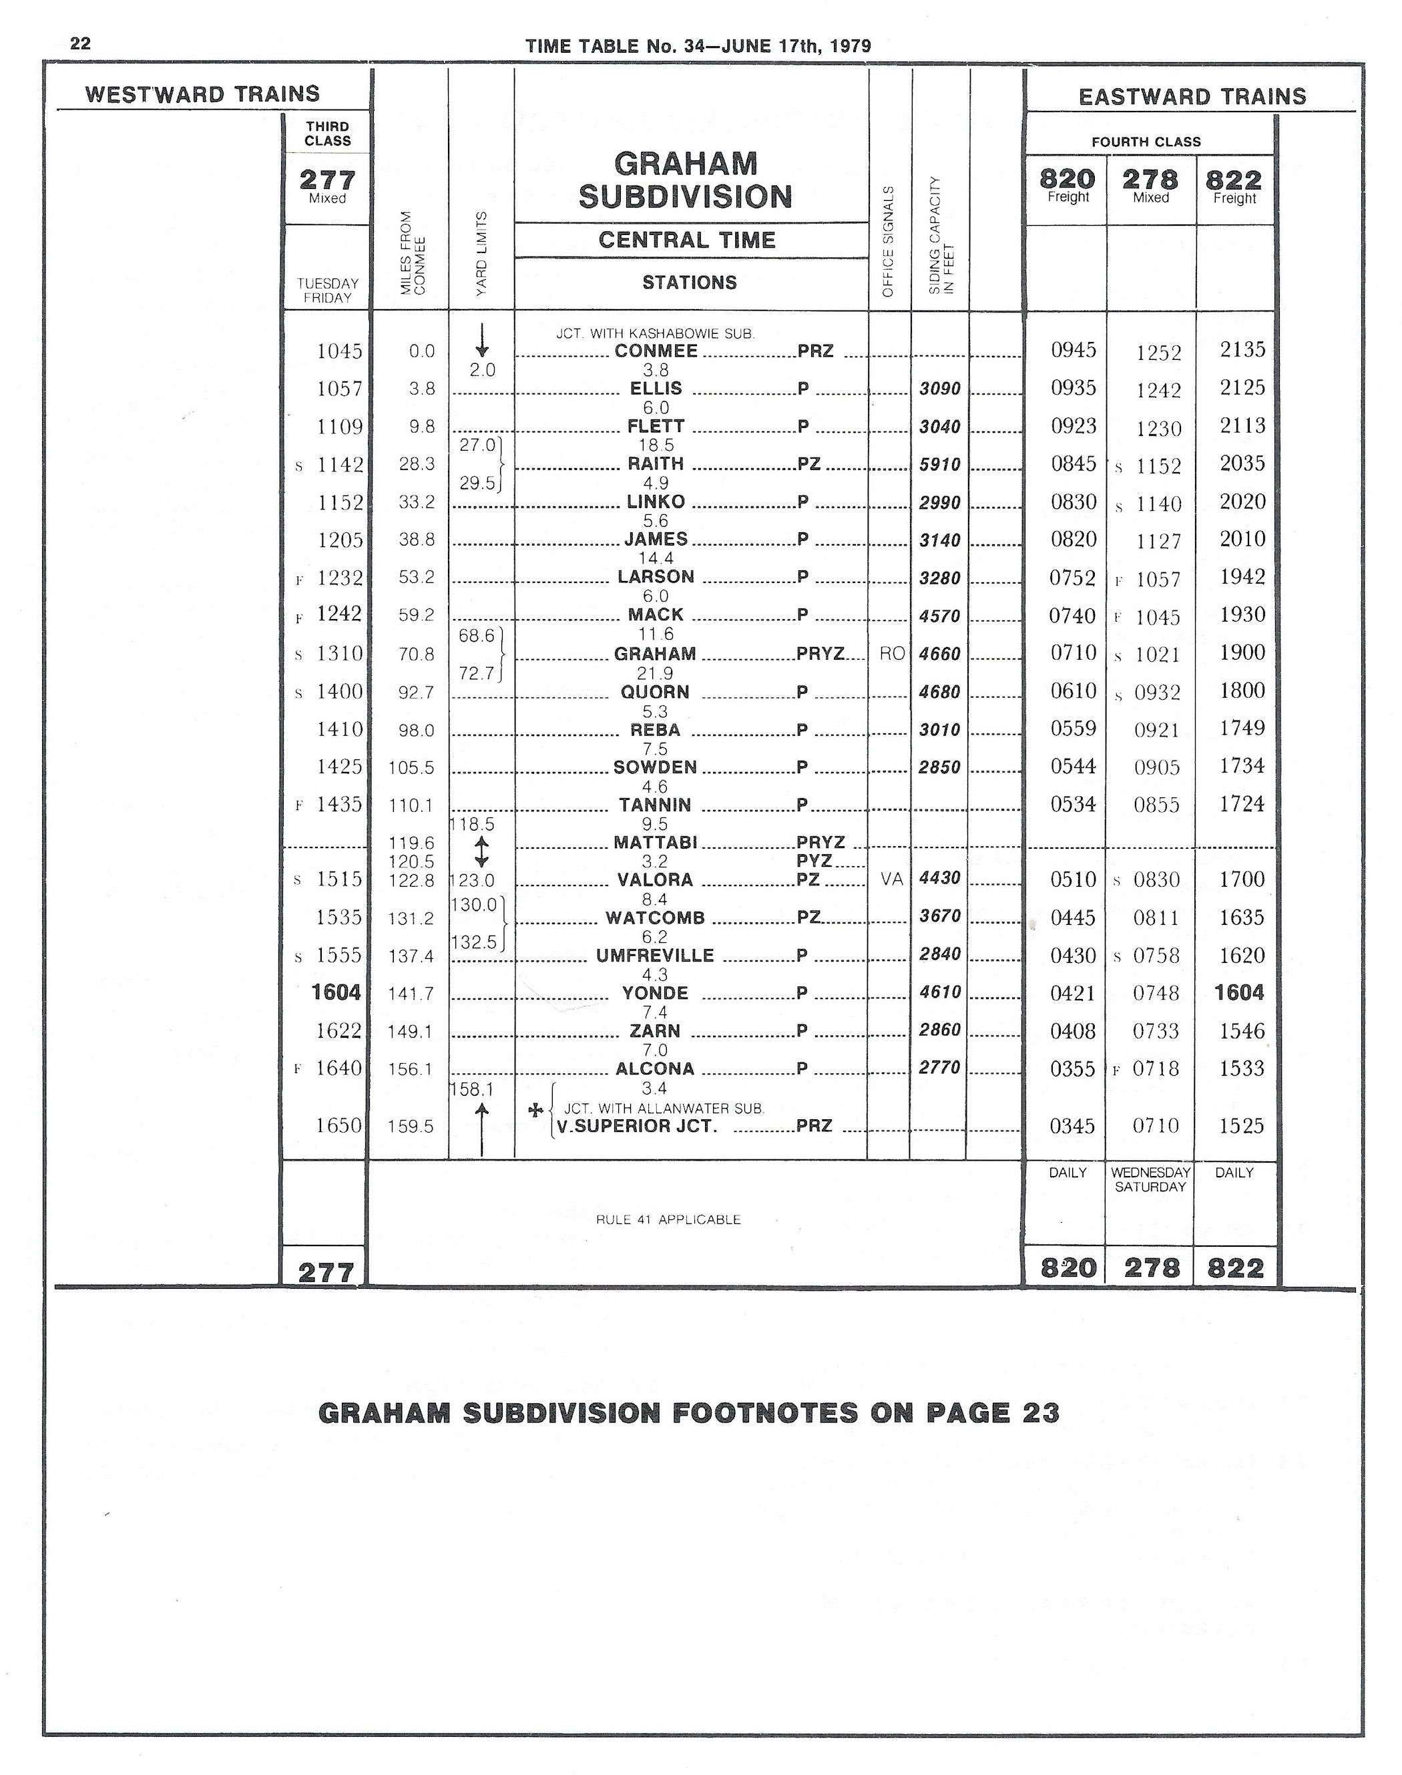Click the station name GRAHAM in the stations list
[655, 654]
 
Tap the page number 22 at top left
[80, 43]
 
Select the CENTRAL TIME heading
[686, 240]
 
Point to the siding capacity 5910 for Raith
[940, 465]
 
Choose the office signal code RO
[891, 654]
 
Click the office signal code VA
[891, 879]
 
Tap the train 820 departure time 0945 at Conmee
[1073, 351]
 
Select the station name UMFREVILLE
[655, 956]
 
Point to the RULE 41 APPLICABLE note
[668, 1219]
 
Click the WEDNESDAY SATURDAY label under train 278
[1150, 1180]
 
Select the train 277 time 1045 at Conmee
[339, 351]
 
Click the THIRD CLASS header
[328, 134]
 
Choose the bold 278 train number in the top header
[1150, 179]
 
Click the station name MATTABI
[655, 842]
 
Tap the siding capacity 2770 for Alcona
[940, 1068]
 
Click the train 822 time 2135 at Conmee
[1242, 350]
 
